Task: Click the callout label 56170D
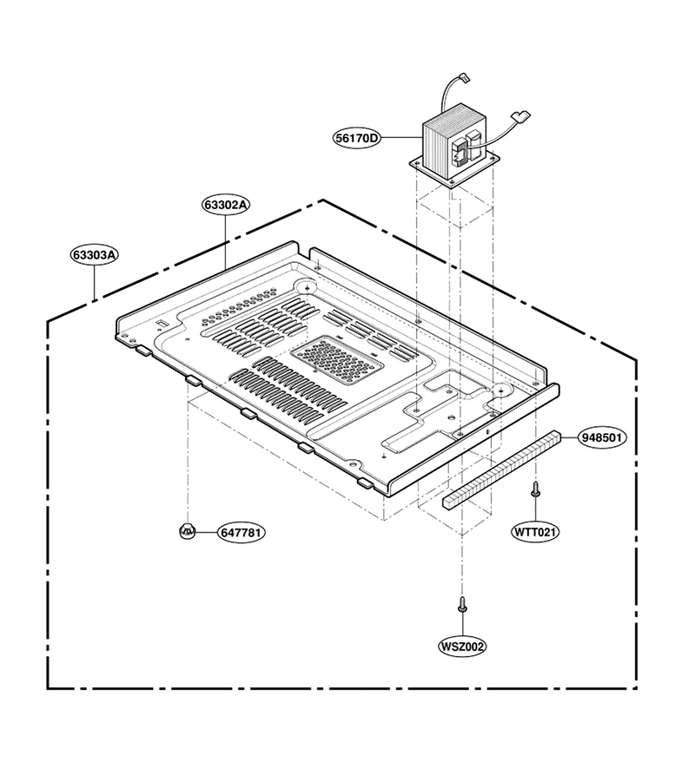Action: click(x=356, y=137)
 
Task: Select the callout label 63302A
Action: click(x=226, y=204)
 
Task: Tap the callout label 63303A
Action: click(x=94, y=254)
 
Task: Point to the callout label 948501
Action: click(x=602, y=437)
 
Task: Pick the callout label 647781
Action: click(x=241, y=533)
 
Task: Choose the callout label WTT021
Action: click(x=535, y=532)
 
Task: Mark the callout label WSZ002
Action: click(x=461, y=646)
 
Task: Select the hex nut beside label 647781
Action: click(x=187, y=531)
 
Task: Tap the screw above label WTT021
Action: click(x=535, y=489)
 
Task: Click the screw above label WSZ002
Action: click(x=462, y=604)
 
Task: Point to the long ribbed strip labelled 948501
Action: click(x=501, y=469)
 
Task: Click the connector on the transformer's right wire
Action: click(x=521, y=115)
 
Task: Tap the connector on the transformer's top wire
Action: click(x=466, y=77)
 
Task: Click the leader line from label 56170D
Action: click(x=401, y=137)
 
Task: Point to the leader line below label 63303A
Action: click(x=94, y=282)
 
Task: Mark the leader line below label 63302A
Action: click(x=226, y=241)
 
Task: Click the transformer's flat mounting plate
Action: click(x=454, y=169)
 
